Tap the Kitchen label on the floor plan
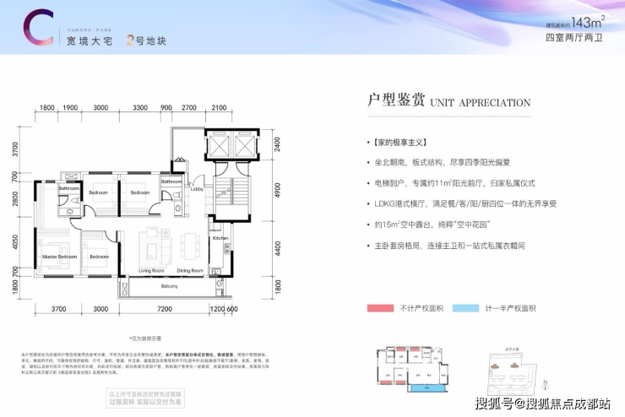pyautogui.click(x=220, y=239)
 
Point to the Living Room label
pyautogui.click(x=152, y=270)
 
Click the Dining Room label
pyautogui.click(x=190, y=270)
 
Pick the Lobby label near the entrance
pyautogui.click(x=196, y=191)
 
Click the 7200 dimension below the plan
pyautogui.click(x=164, y=309)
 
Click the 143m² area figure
pyautogui.click(x=579, y=23)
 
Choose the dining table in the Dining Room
pyautogui.click(x=191, y=248)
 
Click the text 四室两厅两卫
pyautogui.click(x=571, y=38)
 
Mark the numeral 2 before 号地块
pyautogui.click(x=129, y=38)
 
